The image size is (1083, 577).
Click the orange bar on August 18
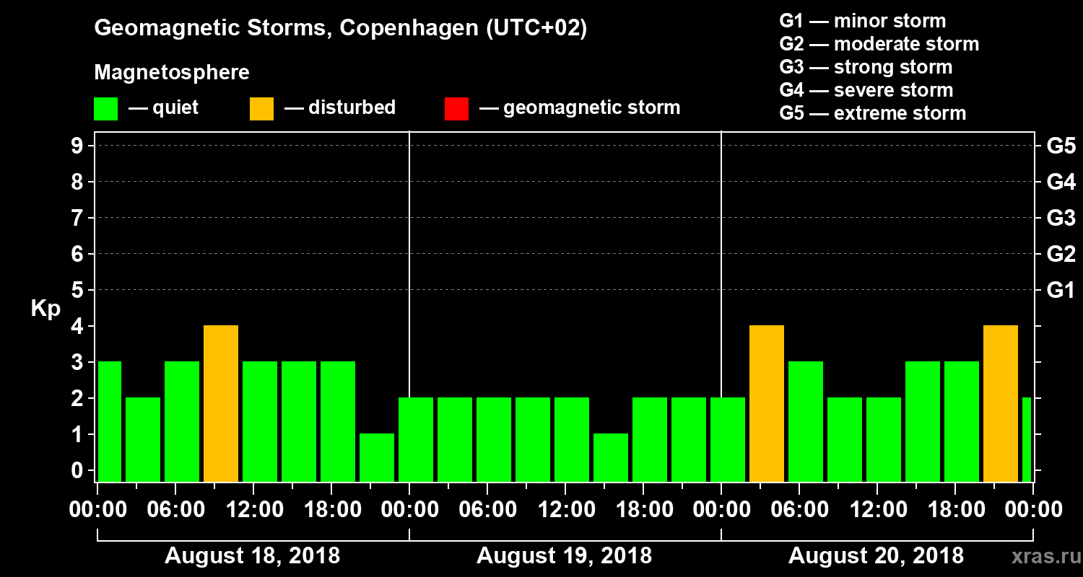[x=221, y=403]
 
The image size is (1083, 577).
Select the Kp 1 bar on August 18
[x=377, y=457]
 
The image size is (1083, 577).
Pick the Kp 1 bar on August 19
[x=611, y=457]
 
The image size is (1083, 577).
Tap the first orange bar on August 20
[x=767, y=403]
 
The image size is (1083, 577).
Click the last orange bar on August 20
[x=1001, y=403]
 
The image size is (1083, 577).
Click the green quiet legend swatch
[x=106, y=108]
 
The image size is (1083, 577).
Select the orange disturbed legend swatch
[x=261, y=108]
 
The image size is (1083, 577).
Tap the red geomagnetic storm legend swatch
[x=456, y=108]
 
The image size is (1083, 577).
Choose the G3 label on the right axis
[x=1061, y=219]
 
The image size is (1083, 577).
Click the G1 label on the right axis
[x=1061, y=291]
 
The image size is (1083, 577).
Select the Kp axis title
[x=45, y=309]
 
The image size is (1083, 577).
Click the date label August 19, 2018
[x=564, y=556]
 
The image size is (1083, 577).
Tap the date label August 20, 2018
[x=876, y=556]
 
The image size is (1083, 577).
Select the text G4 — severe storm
[x=866, y=90]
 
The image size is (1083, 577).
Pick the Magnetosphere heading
[x=172, y=73]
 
